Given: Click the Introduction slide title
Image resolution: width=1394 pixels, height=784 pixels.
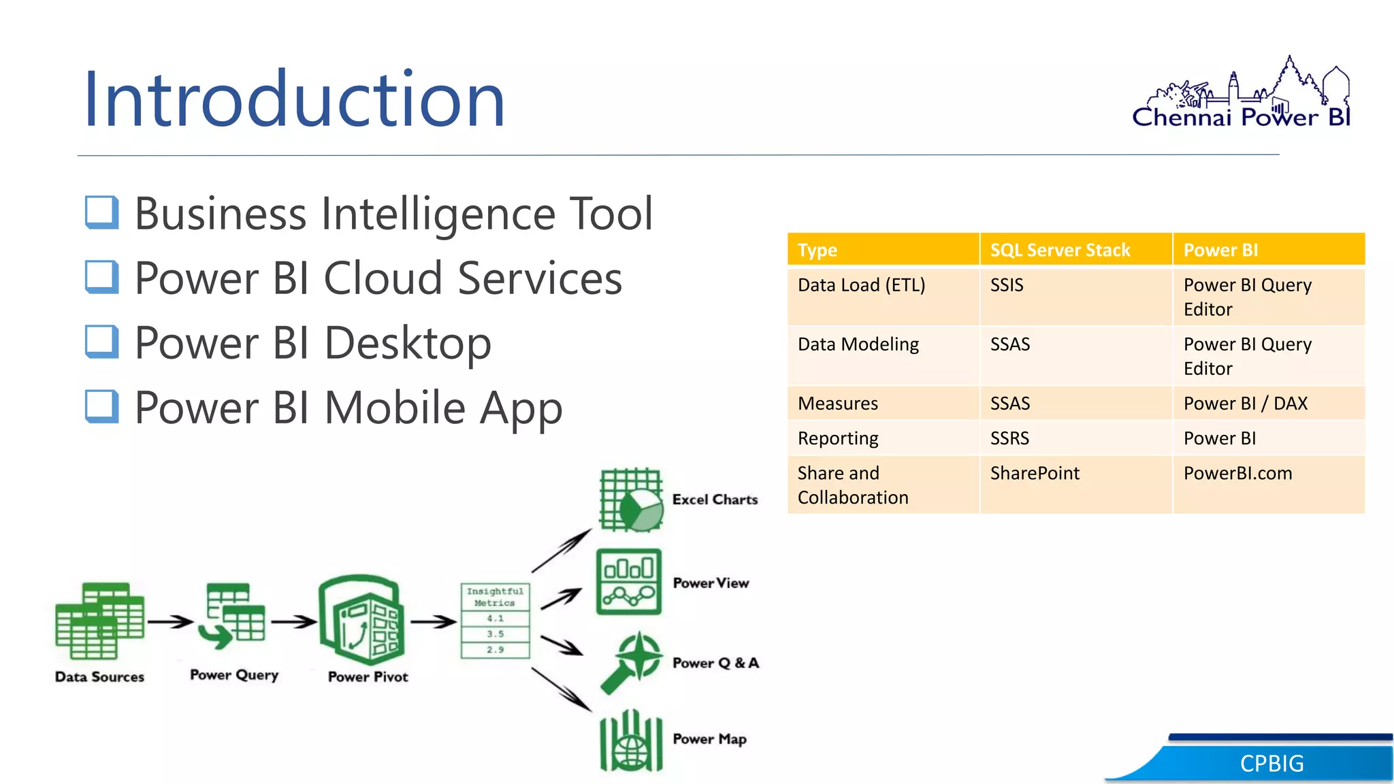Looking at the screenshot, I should (x=294, y=99).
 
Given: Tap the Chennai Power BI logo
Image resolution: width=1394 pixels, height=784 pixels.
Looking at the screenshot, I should (x=1242, y=95).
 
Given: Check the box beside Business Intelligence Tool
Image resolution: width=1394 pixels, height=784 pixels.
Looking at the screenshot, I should (x=102, y=212).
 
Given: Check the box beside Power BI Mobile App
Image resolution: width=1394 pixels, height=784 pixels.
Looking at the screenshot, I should (x=102, y=406).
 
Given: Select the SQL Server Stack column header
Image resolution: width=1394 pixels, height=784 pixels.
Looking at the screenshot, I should (x=1060, y=250).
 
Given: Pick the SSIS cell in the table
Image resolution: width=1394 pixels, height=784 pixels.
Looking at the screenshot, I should (x=1007, y=285).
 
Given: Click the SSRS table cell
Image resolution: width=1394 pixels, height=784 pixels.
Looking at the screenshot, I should (x=1009, y=438).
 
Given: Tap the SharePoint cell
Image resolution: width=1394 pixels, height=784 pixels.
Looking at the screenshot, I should (x=1035, y=473).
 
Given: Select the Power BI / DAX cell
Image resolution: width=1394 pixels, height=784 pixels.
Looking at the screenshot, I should (x=1245, y=404).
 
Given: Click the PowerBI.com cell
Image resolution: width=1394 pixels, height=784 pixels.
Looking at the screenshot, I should (x=1237, y=473).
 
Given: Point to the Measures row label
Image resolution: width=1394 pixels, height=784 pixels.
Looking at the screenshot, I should (x=838, y=404).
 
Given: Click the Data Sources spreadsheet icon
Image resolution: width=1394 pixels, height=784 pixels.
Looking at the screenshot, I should (x=99, y=620).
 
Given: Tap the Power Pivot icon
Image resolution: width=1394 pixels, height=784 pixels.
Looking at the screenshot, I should (x=363, y=619).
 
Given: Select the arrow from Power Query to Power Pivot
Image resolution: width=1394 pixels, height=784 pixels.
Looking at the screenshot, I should (x=293, y=621).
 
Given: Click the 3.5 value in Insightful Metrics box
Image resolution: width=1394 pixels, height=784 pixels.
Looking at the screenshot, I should (x=495, y=634).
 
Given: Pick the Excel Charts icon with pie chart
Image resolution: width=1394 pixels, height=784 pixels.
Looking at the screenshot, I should (x=631, y=500).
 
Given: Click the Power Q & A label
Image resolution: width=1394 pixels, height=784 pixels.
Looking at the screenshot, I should (x=715, y=663).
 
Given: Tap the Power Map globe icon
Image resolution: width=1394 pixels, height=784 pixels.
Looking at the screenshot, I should (x=631, y=741).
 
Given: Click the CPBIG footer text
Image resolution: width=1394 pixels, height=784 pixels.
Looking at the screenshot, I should (x=1271, y=764).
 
